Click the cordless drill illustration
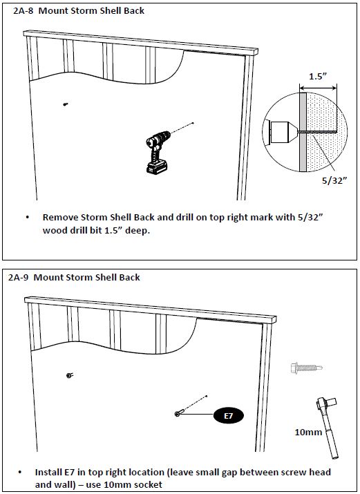tap(158, 152)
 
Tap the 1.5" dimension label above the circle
tap(317, 76)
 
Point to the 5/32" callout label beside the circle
tap(334, 180)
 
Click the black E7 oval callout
tap(228, 415)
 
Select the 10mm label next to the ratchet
tap(308, 432)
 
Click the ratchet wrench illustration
tap(328, 427)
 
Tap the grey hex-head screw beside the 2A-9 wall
tap(306, 368)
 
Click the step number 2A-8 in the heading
tap(23, 11)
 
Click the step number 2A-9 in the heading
tap(19, 278)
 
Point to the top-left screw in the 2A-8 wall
tap(66, 104)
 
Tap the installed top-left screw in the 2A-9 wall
tap(70, 375)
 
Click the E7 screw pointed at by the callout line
tap(178, 413)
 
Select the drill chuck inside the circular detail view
tap(282, 132)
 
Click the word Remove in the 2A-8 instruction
tap(60, 218)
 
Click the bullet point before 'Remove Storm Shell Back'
tap(28, 218)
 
